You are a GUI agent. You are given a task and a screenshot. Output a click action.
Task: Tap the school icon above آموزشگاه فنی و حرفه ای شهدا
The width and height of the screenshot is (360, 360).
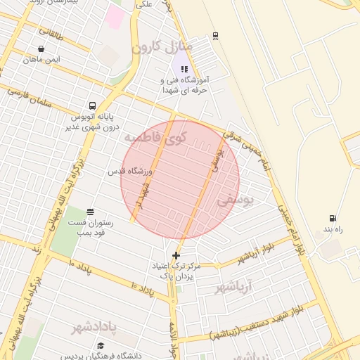184,70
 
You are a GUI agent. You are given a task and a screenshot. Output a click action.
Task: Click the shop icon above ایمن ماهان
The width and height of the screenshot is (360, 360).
41,49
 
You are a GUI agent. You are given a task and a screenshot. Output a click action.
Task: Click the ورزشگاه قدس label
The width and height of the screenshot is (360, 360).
127,171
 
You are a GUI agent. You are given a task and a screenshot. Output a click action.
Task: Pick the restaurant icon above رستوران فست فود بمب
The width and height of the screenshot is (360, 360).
90,211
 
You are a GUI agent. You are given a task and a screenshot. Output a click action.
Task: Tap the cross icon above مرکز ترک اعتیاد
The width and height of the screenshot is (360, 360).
176,255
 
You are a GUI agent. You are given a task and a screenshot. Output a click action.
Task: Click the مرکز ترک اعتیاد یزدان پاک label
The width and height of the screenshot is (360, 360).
176,271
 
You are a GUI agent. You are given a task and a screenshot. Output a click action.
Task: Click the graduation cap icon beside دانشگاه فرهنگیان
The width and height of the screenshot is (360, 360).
101,345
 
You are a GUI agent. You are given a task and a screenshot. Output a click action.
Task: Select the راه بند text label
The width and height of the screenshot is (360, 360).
332,230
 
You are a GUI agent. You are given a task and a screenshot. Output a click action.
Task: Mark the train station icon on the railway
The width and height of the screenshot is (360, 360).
215,36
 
